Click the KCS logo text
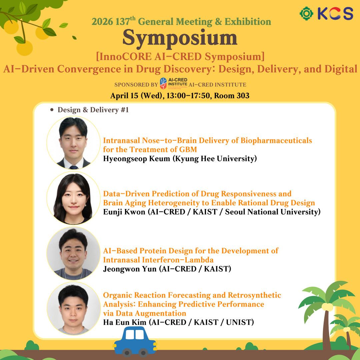pyautogui.click(x=335, y=14)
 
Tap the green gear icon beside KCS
pyautogui.click(x=306, y=14)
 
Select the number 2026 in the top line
pyautogui.click(x=102, y=22)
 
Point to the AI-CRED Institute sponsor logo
pyautogui.click(x=174, y=83)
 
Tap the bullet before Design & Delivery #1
pyautogui.click(x=52, y=110)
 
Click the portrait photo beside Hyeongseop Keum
pyautogui.click(x=73, y=143)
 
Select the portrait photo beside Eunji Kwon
pyautogui.click(x=73, y=198)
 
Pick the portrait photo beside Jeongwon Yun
pyautogui.click(x=73, y=253)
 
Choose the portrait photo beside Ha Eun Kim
pyautogui.click(x=73, y=309)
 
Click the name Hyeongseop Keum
pyautogui.click(x=137, y=159)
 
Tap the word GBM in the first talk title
pyautogui.click(x=188, y=149)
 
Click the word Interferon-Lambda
pyautogui.click(x=178, y=260)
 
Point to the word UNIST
pyautogui.click(x=240, y=322)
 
